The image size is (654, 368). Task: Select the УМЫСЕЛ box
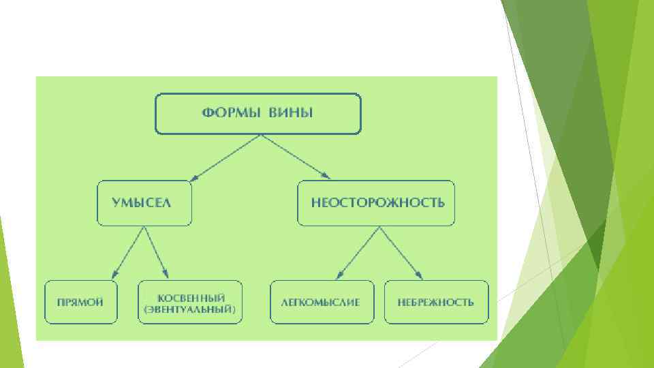(144, 203)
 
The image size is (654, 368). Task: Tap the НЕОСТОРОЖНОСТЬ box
(376, 203)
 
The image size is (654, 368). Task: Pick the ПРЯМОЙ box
(80, 301)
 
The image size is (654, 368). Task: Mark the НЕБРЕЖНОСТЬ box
(436, 301)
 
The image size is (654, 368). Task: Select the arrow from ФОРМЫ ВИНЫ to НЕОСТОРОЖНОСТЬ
(294, 156)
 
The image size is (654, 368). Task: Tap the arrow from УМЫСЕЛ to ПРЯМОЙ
(129, 251)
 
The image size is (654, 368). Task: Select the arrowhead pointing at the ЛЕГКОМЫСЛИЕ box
(339, 275)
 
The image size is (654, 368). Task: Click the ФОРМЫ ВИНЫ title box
(258, 113)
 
